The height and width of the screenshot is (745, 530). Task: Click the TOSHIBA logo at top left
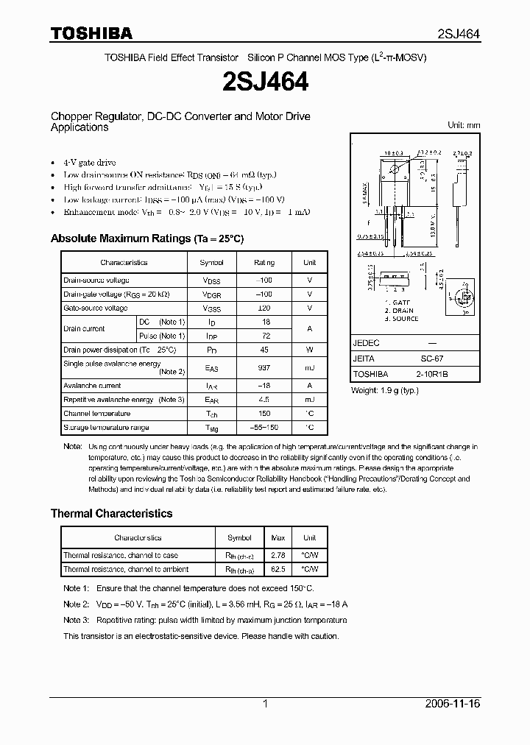pos(91,33)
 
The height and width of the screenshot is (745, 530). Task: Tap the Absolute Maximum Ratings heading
pos(146,239)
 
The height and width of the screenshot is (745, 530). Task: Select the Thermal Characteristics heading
pos(111,513)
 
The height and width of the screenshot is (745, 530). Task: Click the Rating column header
pos(264,262)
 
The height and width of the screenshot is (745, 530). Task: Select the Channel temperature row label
pos(96,414)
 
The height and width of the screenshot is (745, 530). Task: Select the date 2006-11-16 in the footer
pos(453,704)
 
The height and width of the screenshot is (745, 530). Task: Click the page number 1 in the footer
pos(265,704)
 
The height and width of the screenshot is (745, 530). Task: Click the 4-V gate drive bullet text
pos(90,162)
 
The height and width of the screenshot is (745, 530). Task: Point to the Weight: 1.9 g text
pos(384,390)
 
